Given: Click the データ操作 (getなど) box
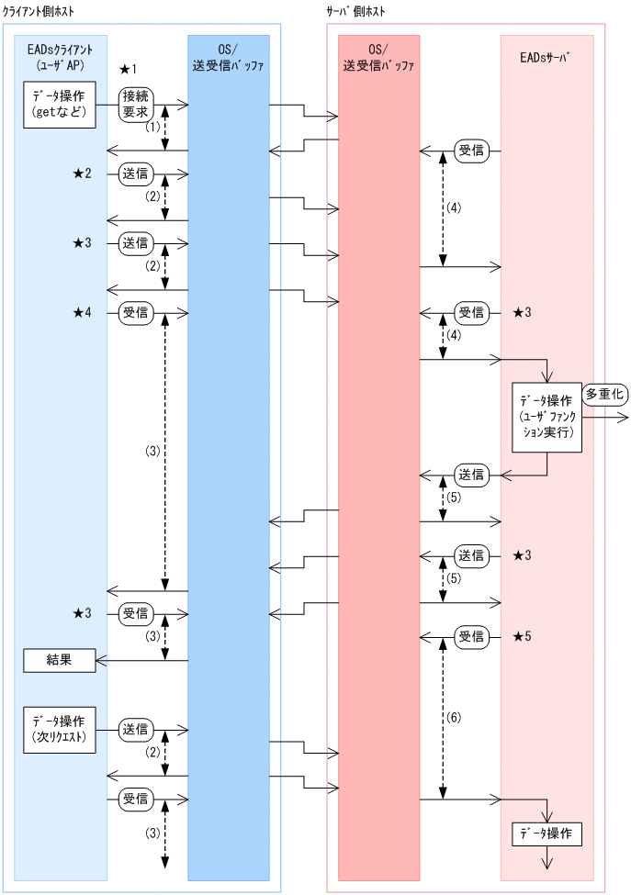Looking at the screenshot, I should [60, 104].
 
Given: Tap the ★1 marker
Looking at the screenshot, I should [128, 70].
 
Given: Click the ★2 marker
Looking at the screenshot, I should [82, 173].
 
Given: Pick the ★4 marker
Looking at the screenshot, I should [82, 313].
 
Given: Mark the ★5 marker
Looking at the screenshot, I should [522, 636].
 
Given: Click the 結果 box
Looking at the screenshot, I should [60, 659].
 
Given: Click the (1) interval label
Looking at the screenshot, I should [152, 128].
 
